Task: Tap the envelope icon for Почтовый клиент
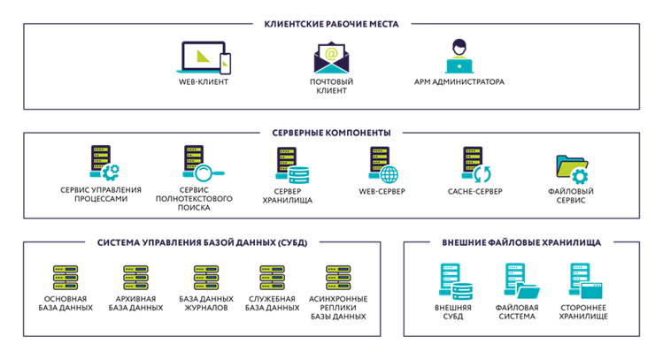332,57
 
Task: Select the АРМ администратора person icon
459,57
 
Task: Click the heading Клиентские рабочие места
331,24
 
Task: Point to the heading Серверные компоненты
331,133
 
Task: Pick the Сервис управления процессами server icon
103,165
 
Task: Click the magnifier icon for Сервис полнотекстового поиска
200,165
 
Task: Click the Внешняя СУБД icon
454,280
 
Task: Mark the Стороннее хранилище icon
584,280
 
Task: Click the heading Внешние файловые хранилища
521,241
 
